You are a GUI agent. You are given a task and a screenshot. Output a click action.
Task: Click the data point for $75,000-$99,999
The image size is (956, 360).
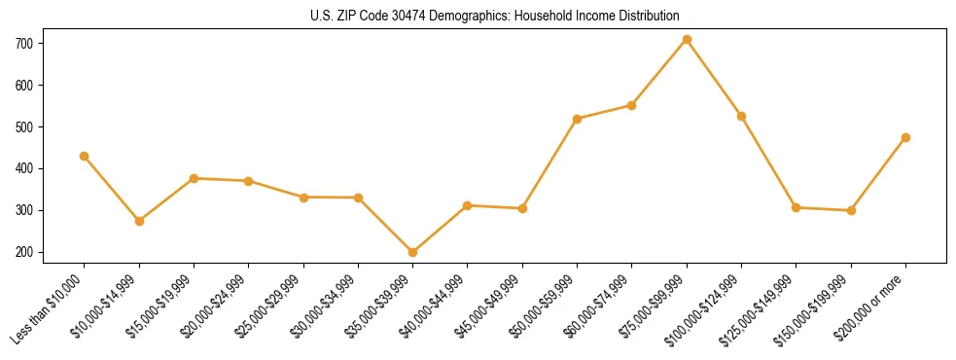click(x=687, y=40)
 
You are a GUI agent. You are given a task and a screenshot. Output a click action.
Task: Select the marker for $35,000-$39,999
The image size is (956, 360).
click(x=412, y=252)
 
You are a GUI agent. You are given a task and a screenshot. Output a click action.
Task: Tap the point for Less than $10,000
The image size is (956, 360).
click(x=84, y=156)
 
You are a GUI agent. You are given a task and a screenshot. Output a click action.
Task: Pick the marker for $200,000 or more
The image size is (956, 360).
click(x=905, y=138)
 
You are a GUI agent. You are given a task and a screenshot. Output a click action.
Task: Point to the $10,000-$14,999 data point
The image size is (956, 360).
click(x=139, y=221)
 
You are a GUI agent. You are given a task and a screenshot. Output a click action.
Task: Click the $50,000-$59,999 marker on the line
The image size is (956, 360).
click(x=578, y=119)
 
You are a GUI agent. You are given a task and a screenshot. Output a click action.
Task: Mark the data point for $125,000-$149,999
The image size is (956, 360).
click(x=796, y=207)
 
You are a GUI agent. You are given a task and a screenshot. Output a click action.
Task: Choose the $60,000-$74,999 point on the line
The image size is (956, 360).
click(x=632, y=105)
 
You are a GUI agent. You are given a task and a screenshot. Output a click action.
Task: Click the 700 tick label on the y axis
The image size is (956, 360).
click(x=24, y=44)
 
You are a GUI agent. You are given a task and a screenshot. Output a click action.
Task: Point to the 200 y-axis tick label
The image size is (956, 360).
click(x=24, y=252)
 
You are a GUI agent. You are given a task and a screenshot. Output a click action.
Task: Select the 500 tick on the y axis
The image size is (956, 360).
click(x=24, y=127)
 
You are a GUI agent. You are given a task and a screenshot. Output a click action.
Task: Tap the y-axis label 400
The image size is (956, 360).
click(x=24, y=169)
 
